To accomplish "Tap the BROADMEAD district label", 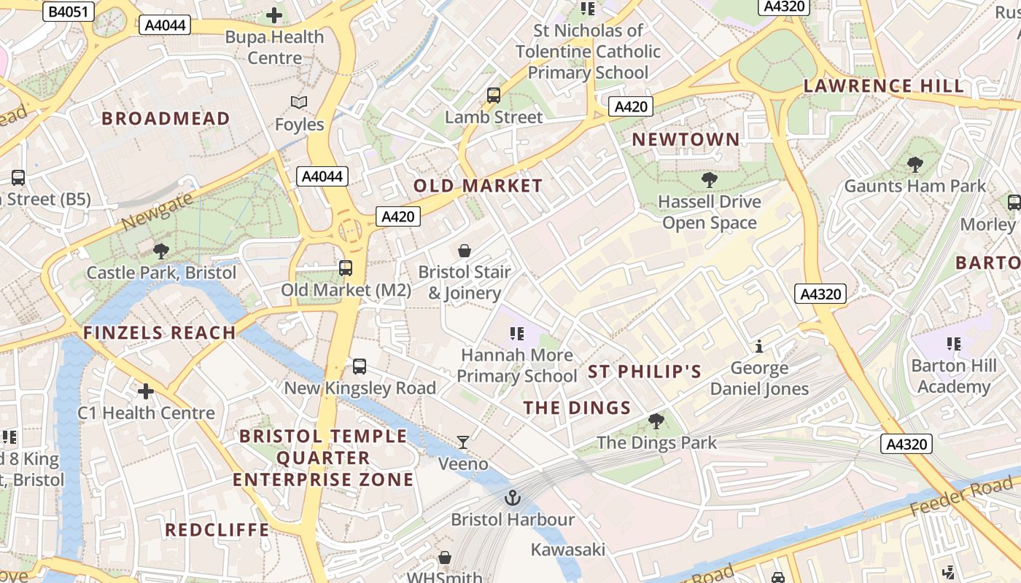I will [x=166, y=118].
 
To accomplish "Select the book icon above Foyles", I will [x=299, y=103].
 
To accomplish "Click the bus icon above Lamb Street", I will [x=494, y=95].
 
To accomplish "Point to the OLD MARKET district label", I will [x=478, y=186].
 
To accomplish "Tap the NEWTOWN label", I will [x=686, y=139].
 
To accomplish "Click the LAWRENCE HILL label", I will [x=883, y=86].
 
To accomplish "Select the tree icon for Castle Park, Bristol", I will [x=161, y=251].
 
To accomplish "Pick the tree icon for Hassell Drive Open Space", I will [x=709, y=180].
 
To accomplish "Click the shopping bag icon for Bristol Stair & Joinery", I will [x=465, y=251].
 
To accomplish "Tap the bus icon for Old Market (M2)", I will [x=346, y=268].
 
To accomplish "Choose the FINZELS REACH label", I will [x=159, y=333].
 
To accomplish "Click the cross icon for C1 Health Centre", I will [x=146, y=391].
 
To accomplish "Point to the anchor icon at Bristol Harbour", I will [x=513, y=498].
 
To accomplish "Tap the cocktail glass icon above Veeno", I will [x=463, y=442].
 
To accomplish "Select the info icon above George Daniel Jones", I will [x=759, y=346].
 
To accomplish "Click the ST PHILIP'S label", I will [x=645, y=372].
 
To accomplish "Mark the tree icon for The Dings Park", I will [x=656, y=421].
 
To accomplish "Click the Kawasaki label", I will [x=568, y=549].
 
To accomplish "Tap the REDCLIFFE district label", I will [x=217, y=530].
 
